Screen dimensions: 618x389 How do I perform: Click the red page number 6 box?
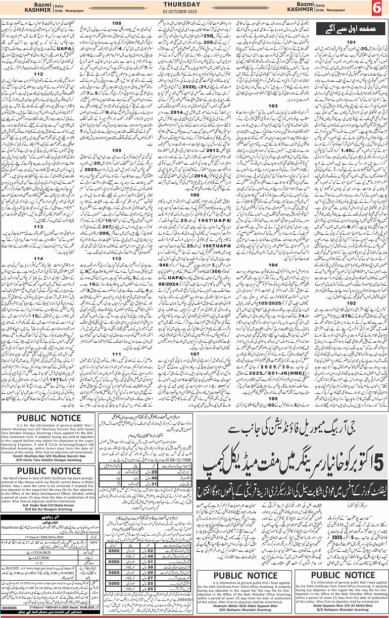378,9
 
